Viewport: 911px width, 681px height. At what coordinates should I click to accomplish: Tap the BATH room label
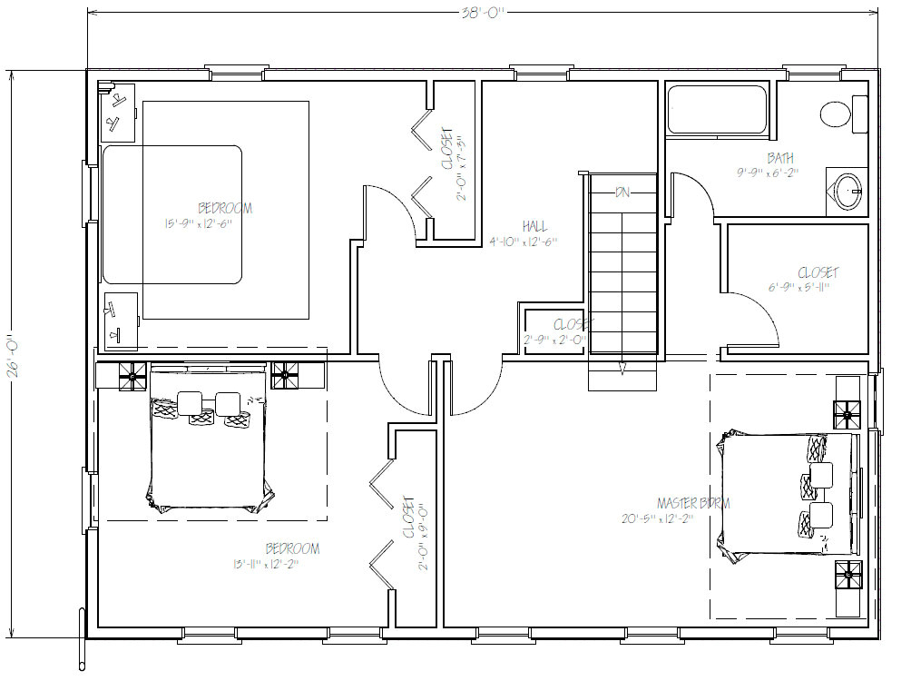coord(779,159)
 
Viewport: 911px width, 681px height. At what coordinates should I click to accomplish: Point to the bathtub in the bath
coord(717,110)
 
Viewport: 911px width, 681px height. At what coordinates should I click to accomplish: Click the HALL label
coord(534,226)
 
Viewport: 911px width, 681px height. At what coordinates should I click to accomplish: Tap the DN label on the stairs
coord(622,192)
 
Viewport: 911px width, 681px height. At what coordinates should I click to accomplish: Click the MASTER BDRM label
coord(693,503)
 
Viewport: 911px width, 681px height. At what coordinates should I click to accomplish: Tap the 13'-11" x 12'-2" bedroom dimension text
coord(265,564)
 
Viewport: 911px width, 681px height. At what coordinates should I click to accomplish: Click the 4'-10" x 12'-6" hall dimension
coord(524,242)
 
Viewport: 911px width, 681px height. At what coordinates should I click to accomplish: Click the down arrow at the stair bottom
coord(622,368)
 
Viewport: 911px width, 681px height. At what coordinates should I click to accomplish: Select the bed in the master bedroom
coord(788,495)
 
